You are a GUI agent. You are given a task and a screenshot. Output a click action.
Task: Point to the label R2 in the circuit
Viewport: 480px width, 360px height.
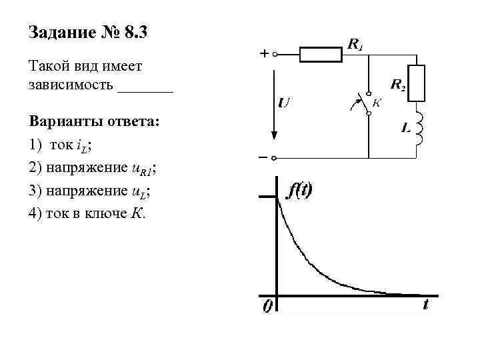coord(397,85)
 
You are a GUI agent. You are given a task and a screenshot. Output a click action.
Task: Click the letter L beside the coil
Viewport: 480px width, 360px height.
coord(405,128)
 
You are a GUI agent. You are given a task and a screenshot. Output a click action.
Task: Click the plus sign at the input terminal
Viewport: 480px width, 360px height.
coord(265,54)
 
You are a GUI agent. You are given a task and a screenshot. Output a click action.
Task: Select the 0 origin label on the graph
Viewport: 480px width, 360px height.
coord(267,307)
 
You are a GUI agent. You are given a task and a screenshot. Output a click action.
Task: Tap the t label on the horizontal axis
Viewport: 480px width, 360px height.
coord(425,305)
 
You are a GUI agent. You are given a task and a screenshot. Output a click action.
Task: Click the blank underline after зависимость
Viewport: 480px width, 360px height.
coord(145,87)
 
